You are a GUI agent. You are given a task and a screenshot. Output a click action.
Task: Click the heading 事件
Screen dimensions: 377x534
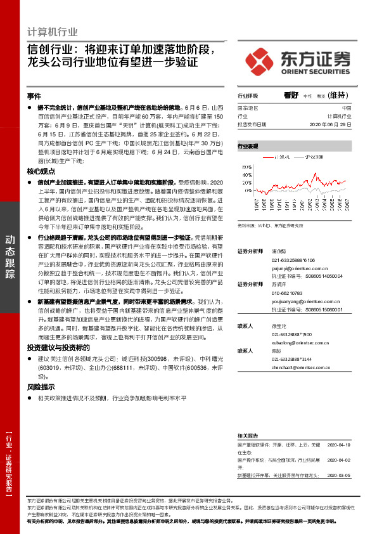pos(34,96)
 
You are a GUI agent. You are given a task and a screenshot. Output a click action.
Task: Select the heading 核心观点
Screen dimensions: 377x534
pos(41,172)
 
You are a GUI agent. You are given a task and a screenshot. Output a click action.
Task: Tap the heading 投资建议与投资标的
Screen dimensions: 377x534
pos(54,348)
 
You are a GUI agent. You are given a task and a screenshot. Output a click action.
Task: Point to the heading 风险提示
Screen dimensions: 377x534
pos(41,386)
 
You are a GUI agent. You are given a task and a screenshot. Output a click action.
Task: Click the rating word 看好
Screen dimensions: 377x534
pos(291,95)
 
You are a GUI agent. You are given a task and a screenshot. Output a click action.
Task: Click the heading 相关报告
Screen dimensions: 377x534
pos(248,436)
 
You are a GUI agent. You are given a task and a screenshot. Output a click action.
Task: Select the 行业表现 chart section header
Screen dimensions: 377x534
pos(248,146)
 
